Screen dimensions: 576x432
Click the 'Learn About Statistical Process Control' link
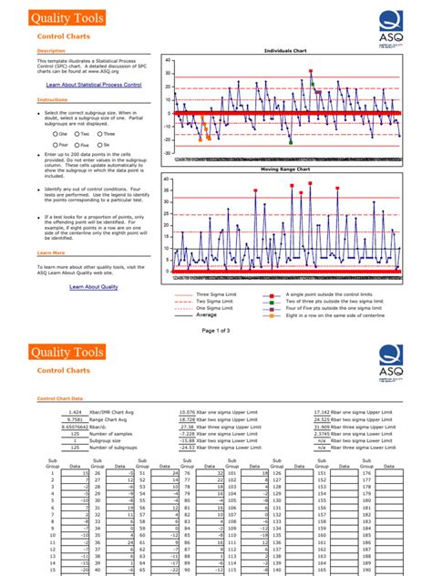coord(94,84)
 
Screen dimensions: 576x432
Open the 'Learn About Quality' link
coord(94,287)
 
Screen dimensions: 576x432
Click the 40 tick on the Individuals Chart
coord(169,61)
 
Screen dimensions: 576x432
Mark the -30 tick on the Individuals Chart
coord(168,153)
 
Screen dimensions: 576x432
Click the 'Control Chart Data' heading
coord(59,397)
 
